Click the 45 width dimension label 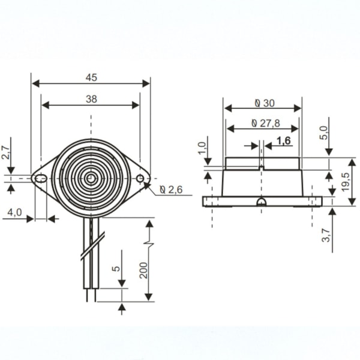click(91, 77)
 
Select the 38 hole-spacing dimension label click(91, 99)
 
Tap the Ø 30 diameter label click(265, 103)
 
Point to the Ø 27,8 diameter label click(266, 123)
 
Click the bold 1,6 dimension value click(284, 141)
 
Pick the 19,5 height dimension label click(345, 182)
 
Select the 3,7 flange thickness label click(326, 235)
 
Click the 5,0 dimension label click(324, 133)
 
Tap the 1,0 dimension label click(202, 148)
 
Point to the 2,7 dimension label click(5, 152)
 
